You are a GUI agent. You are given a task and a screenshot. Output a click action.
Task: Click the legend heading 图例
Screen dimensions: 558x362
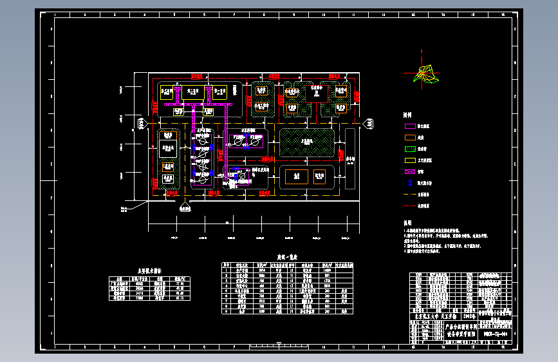click(407, 115)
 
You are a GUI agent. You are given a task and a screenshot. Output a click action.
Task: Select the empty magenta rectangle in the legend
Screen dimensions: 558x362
click(410, 126)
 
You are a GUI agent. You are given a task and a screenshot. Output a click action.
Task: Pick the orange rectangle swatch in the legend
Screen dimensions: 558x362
click(410, 137)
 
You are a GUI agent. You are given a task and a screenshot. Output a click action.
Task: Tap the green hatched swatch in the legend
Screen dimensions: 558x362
click(410, 149)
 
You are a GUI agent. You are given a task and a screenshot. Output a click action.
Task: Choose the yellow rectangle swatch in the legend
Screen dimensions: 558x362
click(410, 160)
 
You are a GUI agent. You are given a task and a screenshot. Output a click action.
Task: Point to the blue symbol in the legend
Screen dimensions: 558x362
click(409, 182)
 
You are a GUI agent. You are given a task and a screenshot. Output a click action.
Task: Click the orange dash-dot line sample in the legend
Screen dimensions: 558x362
click(409, 194)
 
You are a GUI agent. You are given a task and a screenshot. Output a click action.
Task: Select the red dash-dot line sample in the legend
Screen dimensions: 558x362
click(409, 205)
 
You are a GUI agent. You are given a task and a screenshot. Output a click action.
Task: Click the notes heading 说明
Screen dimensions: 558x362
click(407, 222)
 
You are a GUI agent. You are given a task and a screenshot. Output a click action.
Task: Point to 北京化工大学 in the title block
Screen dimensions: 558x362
click(423, 317)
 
